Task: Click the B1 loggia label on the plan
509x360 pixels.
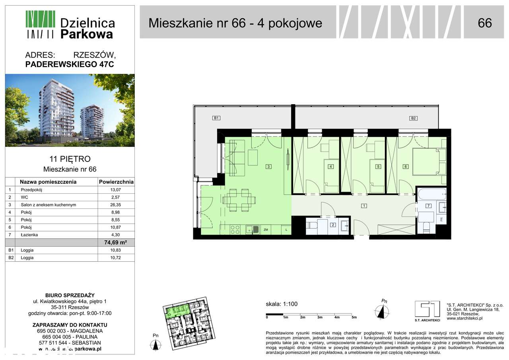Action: pyautogui.click(x=216, y=118)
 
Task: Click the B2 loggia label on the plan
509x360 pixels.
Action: pyautogui.click(x=414, y=118)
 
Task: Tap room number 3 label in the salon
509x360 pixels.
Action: pyautogui.click(x=269, y=167)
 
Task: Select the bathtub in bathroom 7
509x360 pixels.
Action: pyautogui.click(x=431, y=195)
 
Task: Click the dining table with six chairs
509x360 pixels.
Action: pyautogui.click(x=238, y=200)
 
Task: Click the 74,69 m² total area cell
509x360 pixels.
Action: pyautogui.click(x=116, y=242)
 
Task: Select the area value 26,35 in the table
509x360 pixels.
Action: pyautogui.click(x=116, y=205)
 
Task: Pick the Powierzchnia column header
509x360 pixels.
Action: pyautogui.click(x=116, y=182)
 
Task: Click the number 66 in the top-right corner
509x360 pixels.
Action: pyautogui.click(x=484, y=23)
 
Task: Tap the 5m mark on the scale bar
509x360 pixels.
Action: pyautogui.click(x=354, y=317)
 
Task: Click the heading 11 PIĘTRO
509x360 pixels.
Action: pyautogui.click(x=70, y=159)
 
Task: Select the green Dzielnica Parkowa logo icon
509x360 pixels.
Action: pyautogui.click(x=40, y=24)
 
